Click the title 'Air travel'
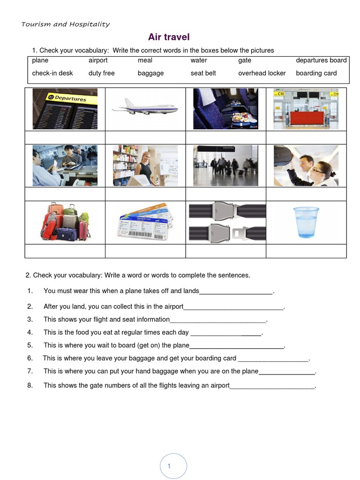click(x=169, y=37)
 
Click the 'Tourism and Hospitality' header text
click(x=65, y=24)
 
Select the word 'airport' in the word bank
click(x=98, y=60)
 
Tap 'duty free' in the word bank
click(x=101, y=73)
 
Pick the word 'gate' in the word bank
click(x=244, y=60)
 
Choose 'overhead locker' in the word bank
click(x=262, y=73)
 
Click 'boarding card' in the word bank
click(x=316, y=73)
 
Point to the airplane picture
click(x=145, y=108)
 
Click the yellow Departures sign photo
click(x=65, y=109)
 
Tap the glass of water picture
click(x=306, y=222)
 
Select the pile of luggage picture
click(x=65, y=222)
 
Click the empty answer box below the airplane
click(x=145, y=137)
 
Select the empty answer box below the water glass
click(x=306, y=251)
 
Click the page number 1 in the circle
click(x=169, y=466)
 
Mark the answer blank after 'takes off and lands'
click(x=236, y=292)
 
